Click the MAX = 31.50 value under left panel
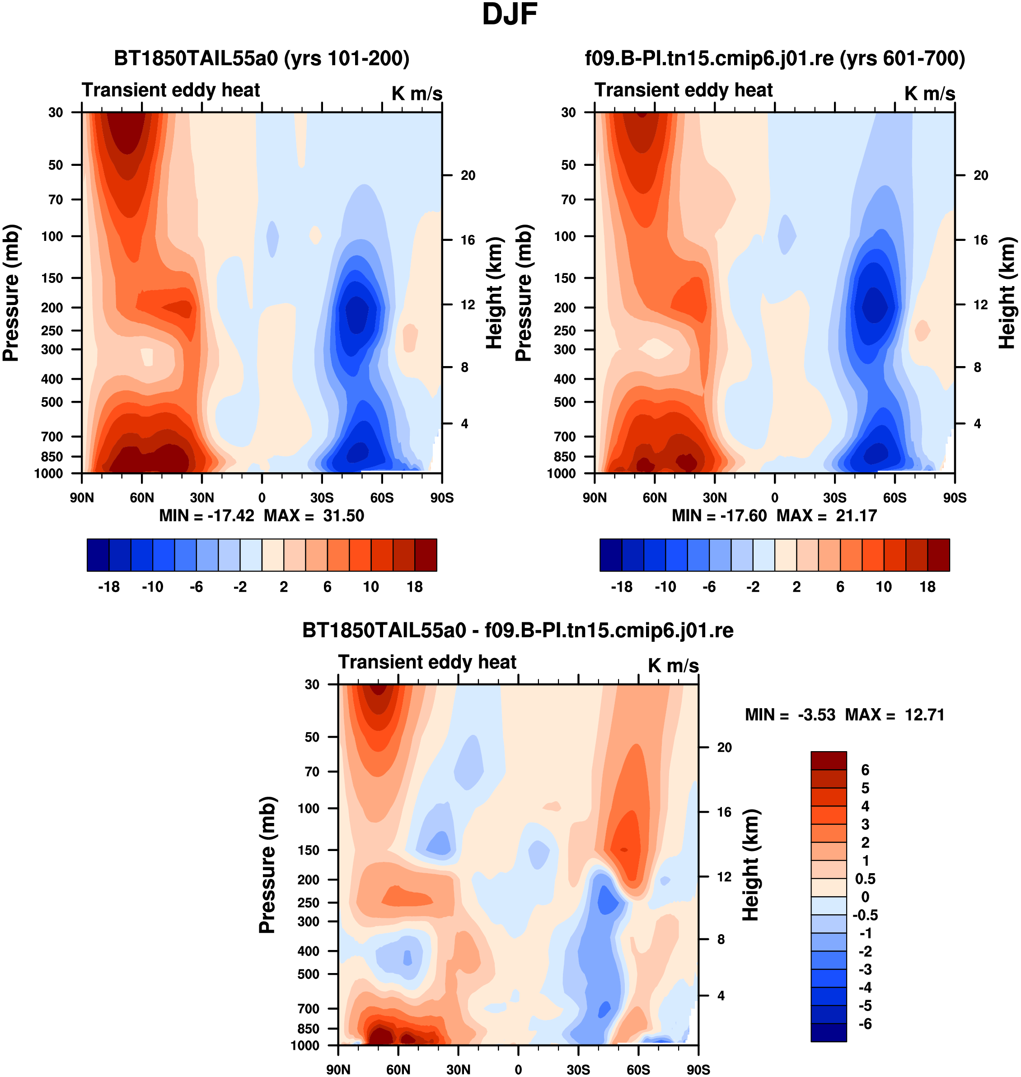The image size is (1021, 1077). coord(314,516)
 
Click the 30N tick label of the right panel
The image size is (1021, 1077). coord(715,498)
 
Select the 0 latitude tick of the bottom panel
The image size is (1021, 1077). coord(518,1070)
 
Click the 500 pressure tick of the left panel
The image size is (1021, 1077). coord(52,402)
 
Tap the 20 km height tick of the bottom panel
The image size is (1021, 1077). coord(724,748)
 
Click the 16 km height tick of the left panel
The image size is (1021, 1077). coord(468,240)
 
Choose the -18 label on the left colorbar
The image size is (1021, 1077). coord(109,587)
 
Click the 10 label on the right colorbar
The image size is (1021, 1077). coord(884,587)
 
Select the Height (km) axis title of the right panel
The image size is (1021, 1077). coord(1007,293)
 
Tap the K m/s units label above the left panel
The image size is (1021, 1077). coord(417,94)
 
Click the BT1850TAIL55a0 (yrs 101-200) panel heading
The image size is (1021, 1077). coord(262,58)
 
